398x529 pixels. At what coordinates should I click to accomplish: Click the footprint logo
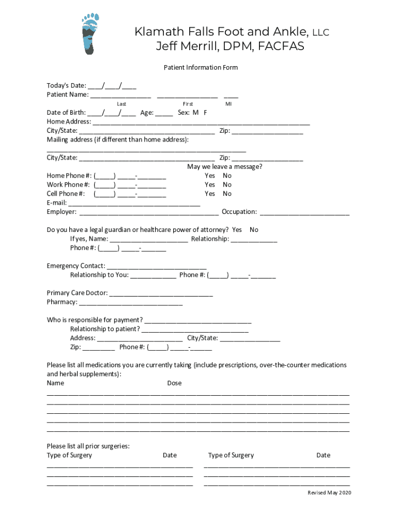pyautogui.click(x=89, y=34)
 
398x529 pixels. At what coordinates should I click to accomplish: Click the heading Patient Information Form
pyautogui.click(x=201, y=68)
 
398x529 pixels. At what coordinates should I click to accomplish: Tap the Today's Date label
pyautogui.click(x=66, y=86)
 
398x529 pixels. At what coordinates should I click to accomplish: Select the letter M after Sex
pyautogui.click(x=196, y=113)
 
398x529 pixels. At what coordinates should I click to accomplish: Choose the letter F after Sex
pyautogui.click(x=205, y=113)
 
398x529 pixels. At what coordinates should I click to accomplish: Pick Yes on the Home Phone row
pyautogui.click(x=210, y=176)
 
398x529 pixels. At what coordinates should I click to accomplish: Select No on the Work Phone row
pyautogui.click(x=227, y=184)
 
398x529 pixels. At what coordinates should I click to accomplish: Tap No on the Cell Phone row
pyautogui.click(x=227, y=194)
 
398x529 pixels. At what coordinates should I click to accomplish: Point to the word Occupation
pyautogui.click(x=239, y=212)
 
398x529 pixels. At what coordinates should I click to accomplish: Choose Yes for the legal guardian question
pyautogui.click(x=237, y=230)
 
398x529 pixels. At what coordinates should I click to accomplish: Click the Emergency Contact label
pyautogui.click(x=76, y=266)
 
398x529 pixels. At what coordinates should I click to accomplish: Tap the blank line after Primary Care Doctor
pyautogui.click(x=161, y=293)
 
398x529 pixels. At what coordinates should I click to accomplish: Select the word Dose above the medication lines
pyautogui.click(x=174, y=383)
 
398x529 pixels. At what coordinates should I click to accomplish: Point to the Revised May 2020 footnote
pyautogui.click(x=329, y=493)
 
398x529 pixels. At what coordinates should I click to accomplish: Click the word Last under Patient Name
pyautogui.click(x=121, y=104)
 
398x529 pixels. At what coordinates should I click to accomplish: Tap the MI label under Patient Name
pyautogui.click(x=228, y=104)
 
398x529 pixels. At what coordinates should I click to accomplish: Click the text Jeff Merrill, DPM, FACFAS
pyautogui.click(x=230, y=46)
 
